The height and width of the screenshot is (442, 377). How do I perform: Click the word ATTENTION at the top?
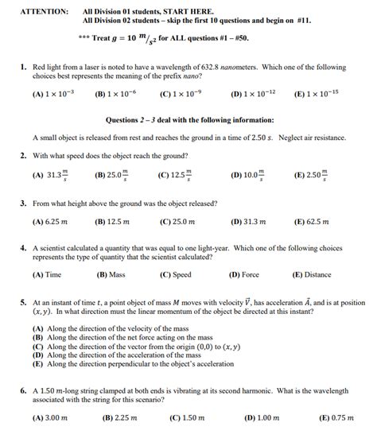pos(42,11)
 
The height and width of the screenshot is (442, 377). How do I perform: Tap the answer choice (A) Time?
pos(47,274)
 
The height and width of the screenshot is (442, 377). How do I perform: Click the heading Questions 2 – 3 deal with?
pos(189,120)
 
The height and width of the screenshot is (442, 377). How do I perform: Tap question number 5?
pos(24,303)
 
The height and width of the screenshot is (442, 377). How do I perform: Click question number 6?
pos(24,391)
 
